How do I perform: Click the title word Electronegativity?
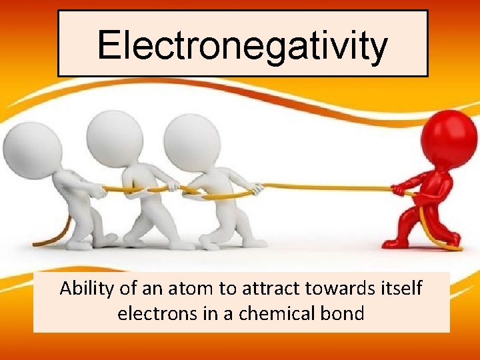[x=242, y=45]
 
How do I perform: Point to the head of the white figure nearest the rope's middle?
[x=191, y=142]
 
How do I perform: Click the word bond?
[x=342, y=313]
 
